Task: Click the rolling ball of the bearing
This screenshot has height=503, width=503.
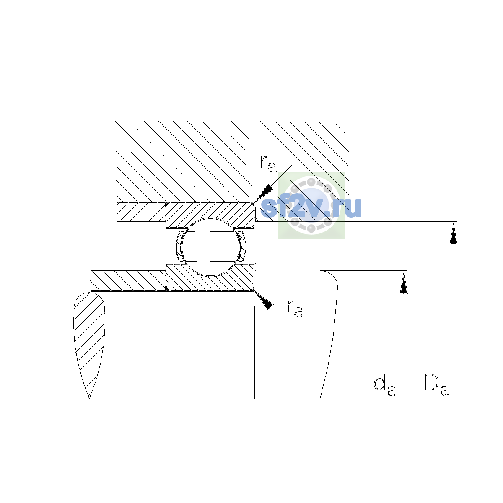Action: click(210, 247)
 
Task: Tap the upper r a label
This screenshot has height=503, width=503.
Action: click(268, 164)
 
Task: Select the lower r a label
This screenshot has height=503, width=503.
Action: click(295, 308)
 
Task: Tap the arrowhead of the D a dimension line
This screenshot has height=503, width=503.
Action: click(454, 233)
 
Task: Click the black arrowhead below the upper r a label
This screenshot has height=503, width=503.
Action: click(264, 193)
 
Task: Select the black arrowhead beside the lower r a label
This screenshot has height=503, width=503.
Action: click(264, 301)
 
